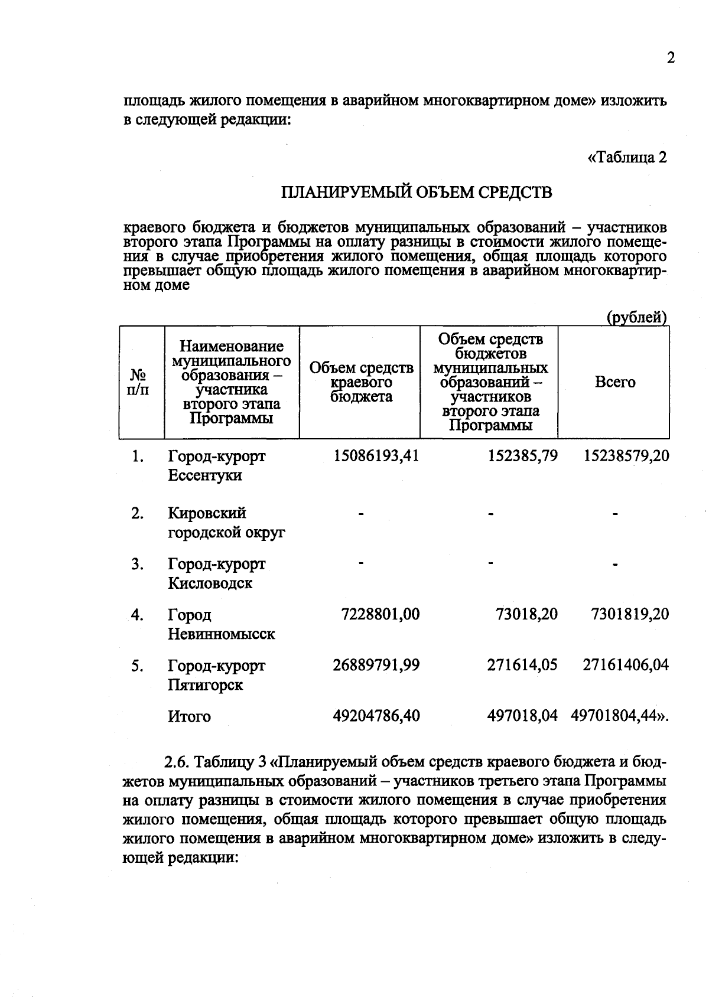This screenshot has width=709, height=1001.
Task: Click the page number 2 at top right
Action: pyautogui.click(x=670, y=58)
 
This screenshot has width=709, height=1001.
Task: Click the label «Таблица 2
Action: pyautogui.click(x=627, y=158)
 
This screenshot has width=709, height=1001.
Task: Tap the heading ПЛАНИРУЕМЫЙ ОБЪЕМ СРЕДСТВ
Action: pyautogui.click(x=416, y=193)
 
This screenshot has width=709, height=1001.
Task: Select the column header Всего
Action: pyautogui.click(x=614, y=382)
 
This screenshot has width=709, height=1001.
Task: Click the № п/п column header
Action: pyautogui.click(x=138, y=382)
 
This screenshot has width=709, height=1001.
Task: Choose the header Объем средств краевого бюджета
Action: pyautogui.click(x=361, y=382)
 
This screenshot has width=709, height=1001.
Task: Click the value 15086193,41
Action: pyautogui.click(x=376, y=456)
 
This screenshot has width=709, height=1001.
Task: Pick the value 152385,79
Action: pyautogui.click(x=522, y=456)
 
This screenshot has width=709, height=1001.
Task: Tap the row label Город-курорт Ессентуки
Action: pyautogui.click(x=216, y=465)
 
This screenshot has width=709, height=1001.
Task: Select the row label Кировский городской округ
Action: pyautogui.click(x=226, y=523)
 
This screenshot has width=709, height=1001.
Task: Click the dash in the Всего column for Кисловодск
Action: pyautogui.click(x=614, y=566)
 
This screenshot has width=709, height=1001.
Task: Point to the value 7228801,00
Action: pyautogui.click(x=380, y=614)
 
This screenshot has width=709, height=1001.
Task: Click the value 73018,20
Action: pyautogui.click(x=526, y=614)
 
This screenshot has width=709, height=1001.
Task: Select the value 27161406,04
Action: pyautogui.click(x=626, y=665)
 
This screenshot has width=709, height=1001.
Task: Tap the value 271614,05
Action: pyautogui.click(x=522, y=665)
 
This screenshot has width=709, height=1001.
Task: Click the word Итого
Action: pyautogui.click(x=189, y=716)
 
